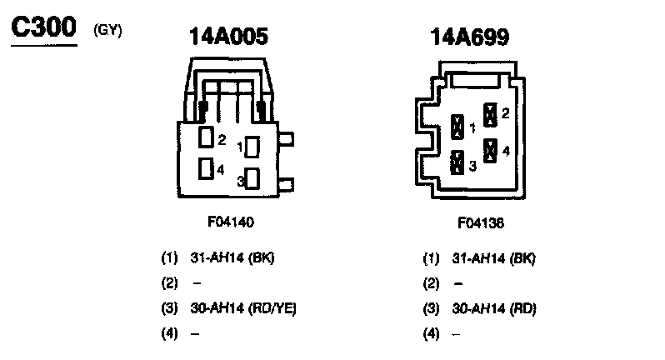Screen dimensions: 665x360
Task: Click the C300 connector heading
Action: pos(43,29)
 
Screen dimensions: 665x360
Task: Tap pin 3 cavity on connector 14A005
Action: pos(252,178)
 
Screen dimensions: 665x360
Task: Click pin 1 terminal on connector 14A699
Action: pos(457,127)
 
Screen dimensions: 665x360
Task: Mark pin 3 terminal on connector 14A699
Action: pos(457,162)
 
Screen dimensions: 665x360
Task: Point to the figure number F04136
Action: pos(481,223)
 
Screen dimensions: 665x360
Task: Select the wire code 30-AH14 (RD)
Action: pos(494,307)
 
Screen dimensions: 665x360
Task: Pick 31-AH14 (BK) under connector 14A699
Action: pos(493,257)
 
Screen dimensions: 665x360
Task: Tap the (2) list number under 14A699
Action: pos(431,282)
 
